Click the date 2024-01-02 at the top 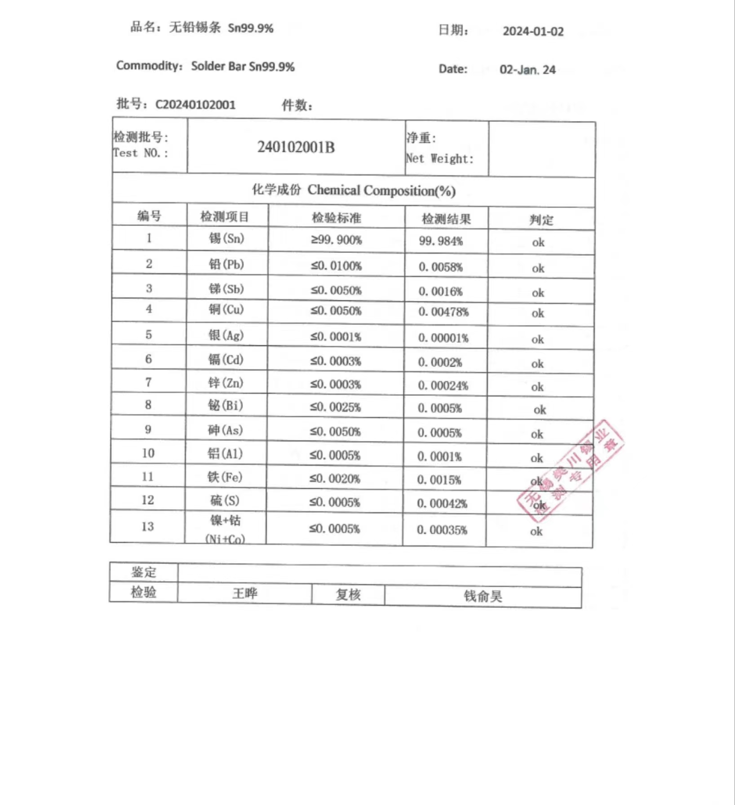click(x=533, y=31)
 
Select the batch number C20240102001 click(x=195, y=105)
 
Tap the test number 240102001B click(x=296, y=147)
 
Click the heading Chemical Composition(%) click(x=381, y=190)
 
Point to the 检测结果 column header click(x=446, y=219)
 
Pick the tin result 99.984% click(x=441, y=241)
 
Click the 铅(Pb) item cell click(x=226, y=264)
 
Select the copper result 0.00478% click(x=443, y=312)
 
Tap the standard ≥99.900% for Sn click(x=336, y=240)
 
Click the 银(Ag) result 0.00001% click(x=443, y=338)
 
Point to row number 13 click(x=147, y=526)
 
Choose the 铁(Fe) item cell click(x=225, y=477)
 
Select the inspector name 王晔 click(x=245, y=593)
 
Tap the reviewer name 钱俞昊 click(x=483, y=596)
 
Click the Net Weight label click(x=439, y=159)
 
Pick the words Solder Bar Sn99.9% click(x=243, y=66)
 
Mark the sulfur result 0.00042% click(x=442, y=504)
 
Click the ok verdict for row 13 click(x=536, y=531)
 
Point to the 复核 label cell click(x=348, y=594)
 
